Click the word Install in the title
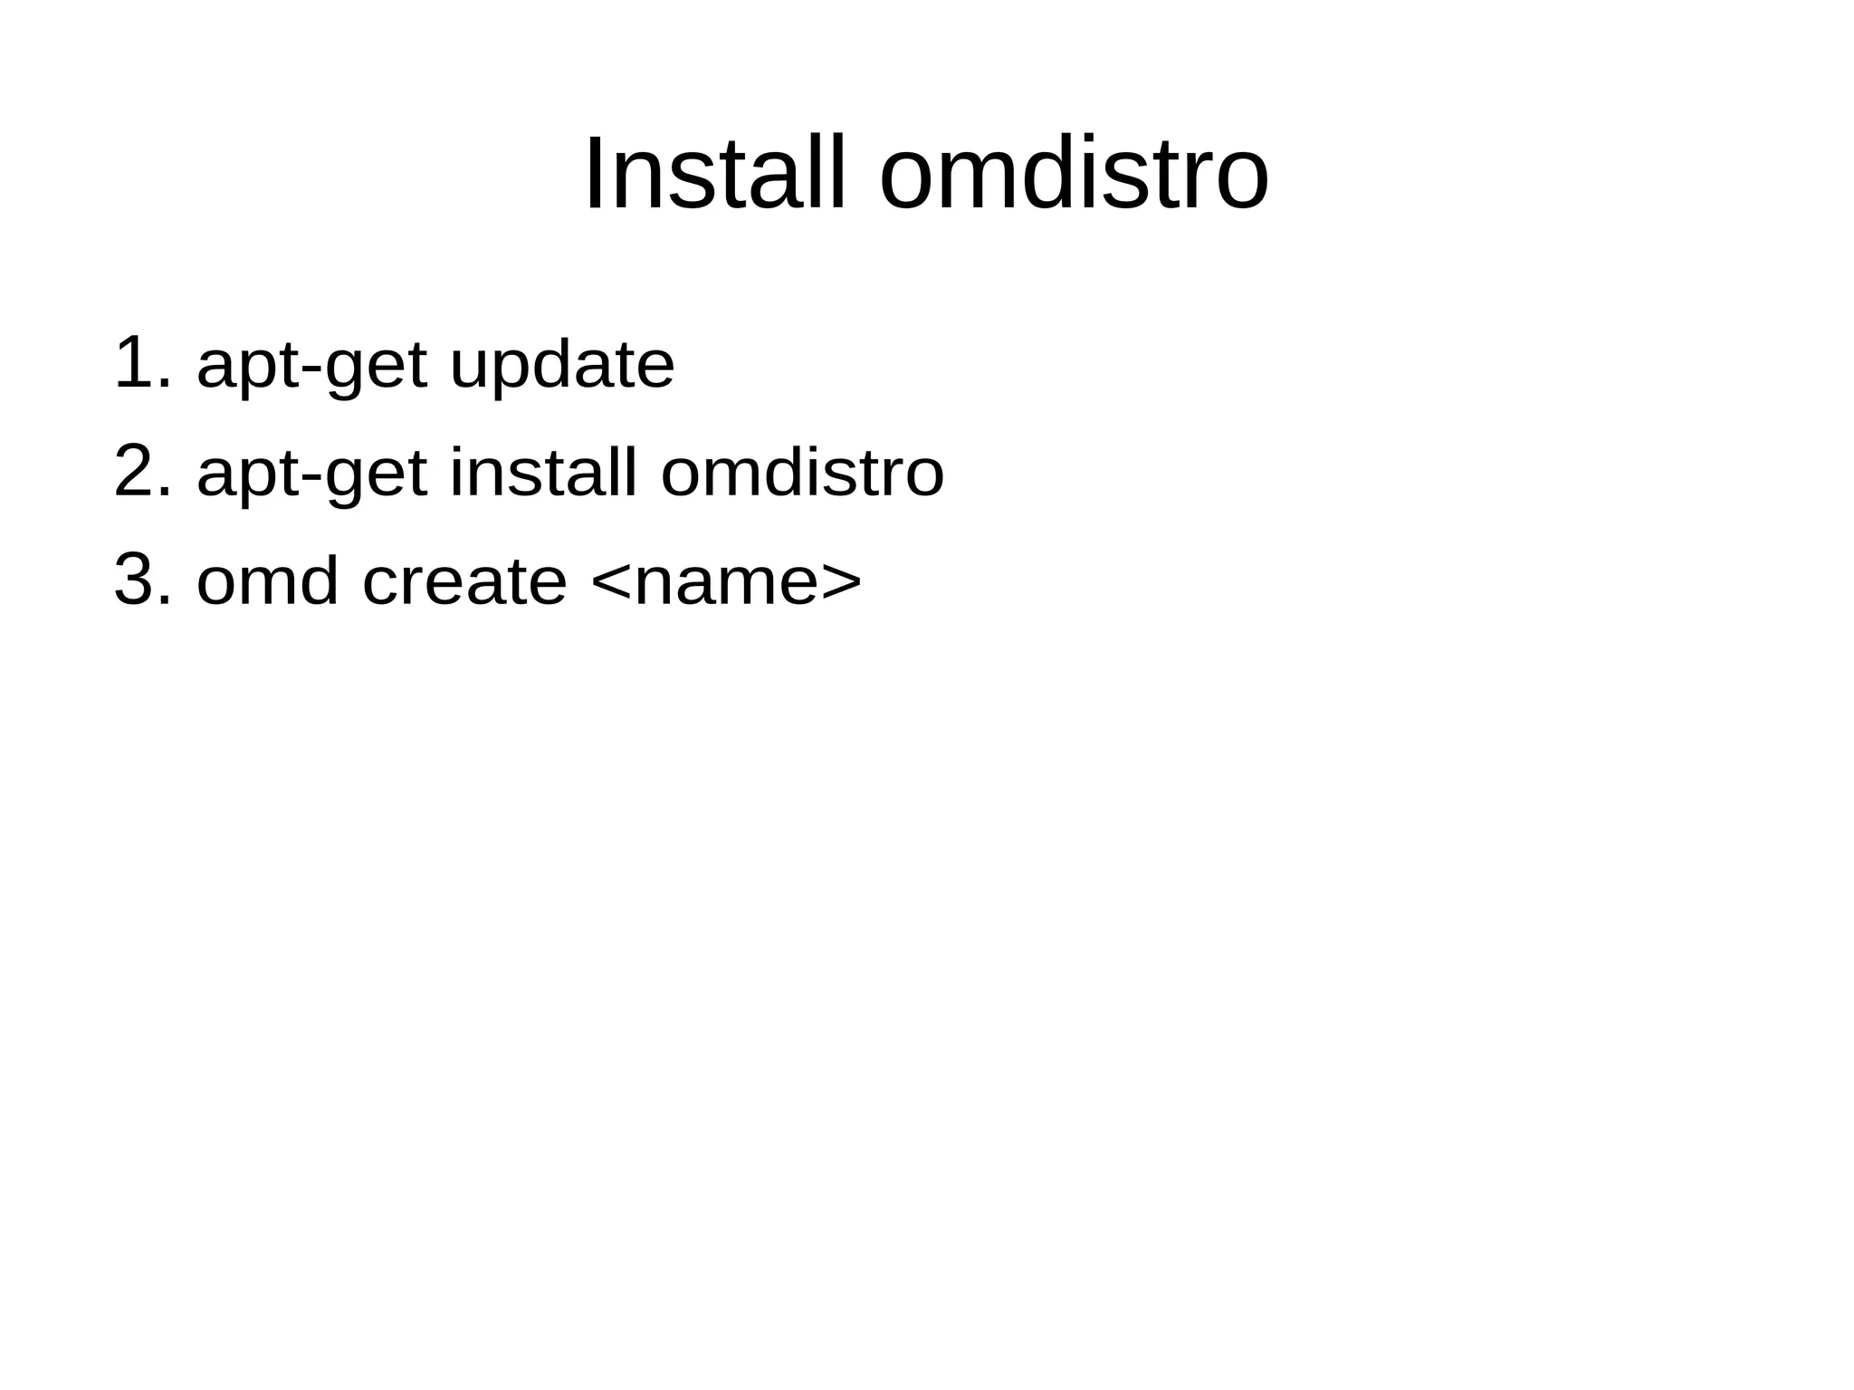[715, 174]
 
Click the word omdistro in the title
[1074, 174]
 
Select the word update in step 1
[562, 367]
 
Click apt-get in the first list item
[311, 367]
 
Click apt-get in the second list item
[311, 475]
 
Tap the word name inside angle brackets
[726, 584]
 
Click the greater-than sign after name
[842, 582]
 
